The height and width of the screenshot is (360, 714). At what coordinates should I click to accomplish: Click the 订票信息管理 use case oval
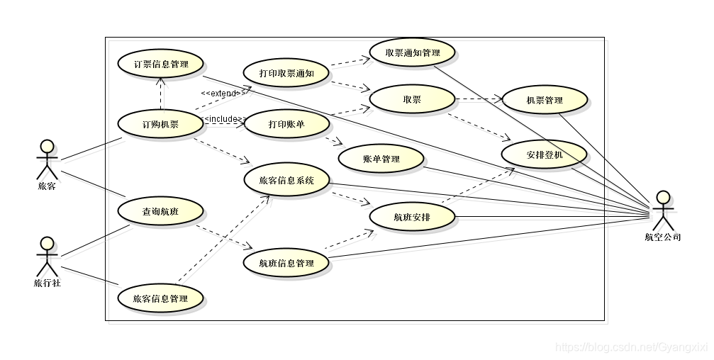click(x=161, y=64)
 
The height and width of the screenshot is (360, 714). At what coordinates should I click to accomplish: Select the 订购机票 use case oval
click(x=161, y=125)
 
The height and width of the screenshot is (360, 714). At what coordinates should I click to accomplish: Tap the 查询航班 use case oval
click(x=161, y=211)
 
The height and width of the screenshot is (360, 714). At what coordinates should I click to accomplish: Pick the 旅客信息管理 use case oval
click(x=161, y=298)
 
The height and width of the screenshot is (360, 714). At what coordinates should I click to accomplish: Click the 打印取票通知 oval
click(x=286, y=73)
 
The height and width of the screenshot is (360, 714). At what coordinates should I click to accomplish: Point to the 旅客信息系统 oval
click(x=286, y=180)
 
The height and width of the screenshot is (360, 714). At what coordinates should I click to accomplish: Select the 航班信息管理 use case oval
click(x=286, y=264)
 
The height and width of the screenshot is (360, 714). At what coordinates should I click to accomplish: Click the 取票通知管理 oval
click(x=412, y=52)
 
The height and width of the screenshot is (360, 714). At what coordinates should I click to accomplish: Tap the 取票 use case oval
click(x=412, y=100)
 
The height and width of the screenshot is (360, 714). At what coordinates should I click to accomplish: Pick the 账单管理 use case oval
click(x=381, y=159)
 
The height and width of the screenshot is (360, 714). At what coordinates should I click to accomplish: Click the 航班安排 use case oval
click(x=412, y=217)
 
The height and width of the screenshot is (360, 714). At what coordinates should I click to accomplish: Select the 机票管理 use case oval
click(x=545, y=100)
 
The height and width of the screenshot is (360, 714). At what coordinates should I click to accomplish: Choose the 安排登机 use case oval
click(x=545, y=154)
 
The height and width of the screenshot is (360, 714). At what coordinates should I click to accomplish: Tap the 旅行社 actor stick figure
click(x=47, y=257)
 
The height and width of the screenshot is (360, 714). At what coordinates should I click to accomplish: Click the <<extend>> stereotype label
click(x=223, y=93)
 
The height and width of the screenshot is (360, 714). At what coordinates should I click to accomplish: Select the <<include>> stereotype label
click(x=223, y=118)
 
